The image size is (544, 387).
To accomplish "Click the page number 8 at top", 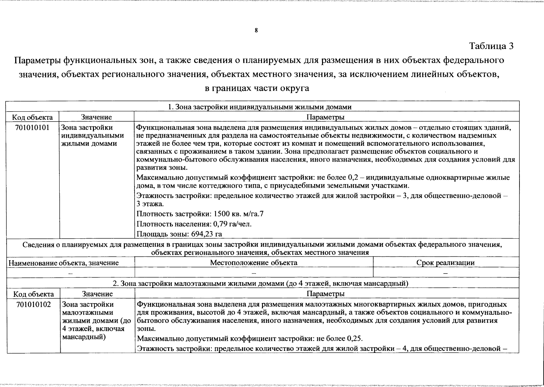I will click(256, 31).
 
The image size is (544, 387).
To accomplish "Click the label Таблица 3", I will click(491, 46).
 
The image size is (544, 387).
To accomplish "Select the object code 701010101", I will click(32, 127).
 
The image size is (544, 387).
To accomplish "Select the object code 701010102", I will click(33, 304).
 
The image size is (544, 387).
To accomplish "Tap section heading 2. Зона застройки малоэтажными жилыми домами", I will click(260, 283).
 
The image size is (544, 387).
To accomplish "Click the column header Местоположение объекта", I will click(254, 263).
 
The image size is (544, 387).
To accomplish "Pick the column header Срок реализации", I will click(445, 263).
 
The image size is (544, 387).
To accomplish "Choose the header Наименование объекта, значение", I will click(64, 263).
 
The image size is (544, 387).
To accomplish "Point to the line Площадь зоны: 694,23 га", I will click(179, 234).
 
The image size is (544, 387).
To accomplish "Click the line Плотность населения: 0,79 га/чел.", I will click(194, 224).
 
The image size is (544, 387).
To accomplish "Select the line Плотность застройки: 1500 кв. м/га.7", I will click(200, 214).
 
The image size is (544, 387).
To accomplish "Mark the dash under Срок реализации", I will click(445, 273).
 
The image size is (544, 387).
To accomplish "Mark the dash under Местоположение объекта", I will click(254, 273).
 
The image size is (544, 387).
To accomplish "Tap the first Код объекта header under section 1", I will click(32, 117).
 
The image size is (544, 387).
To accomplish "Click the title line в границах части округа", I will click(257, 88).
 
